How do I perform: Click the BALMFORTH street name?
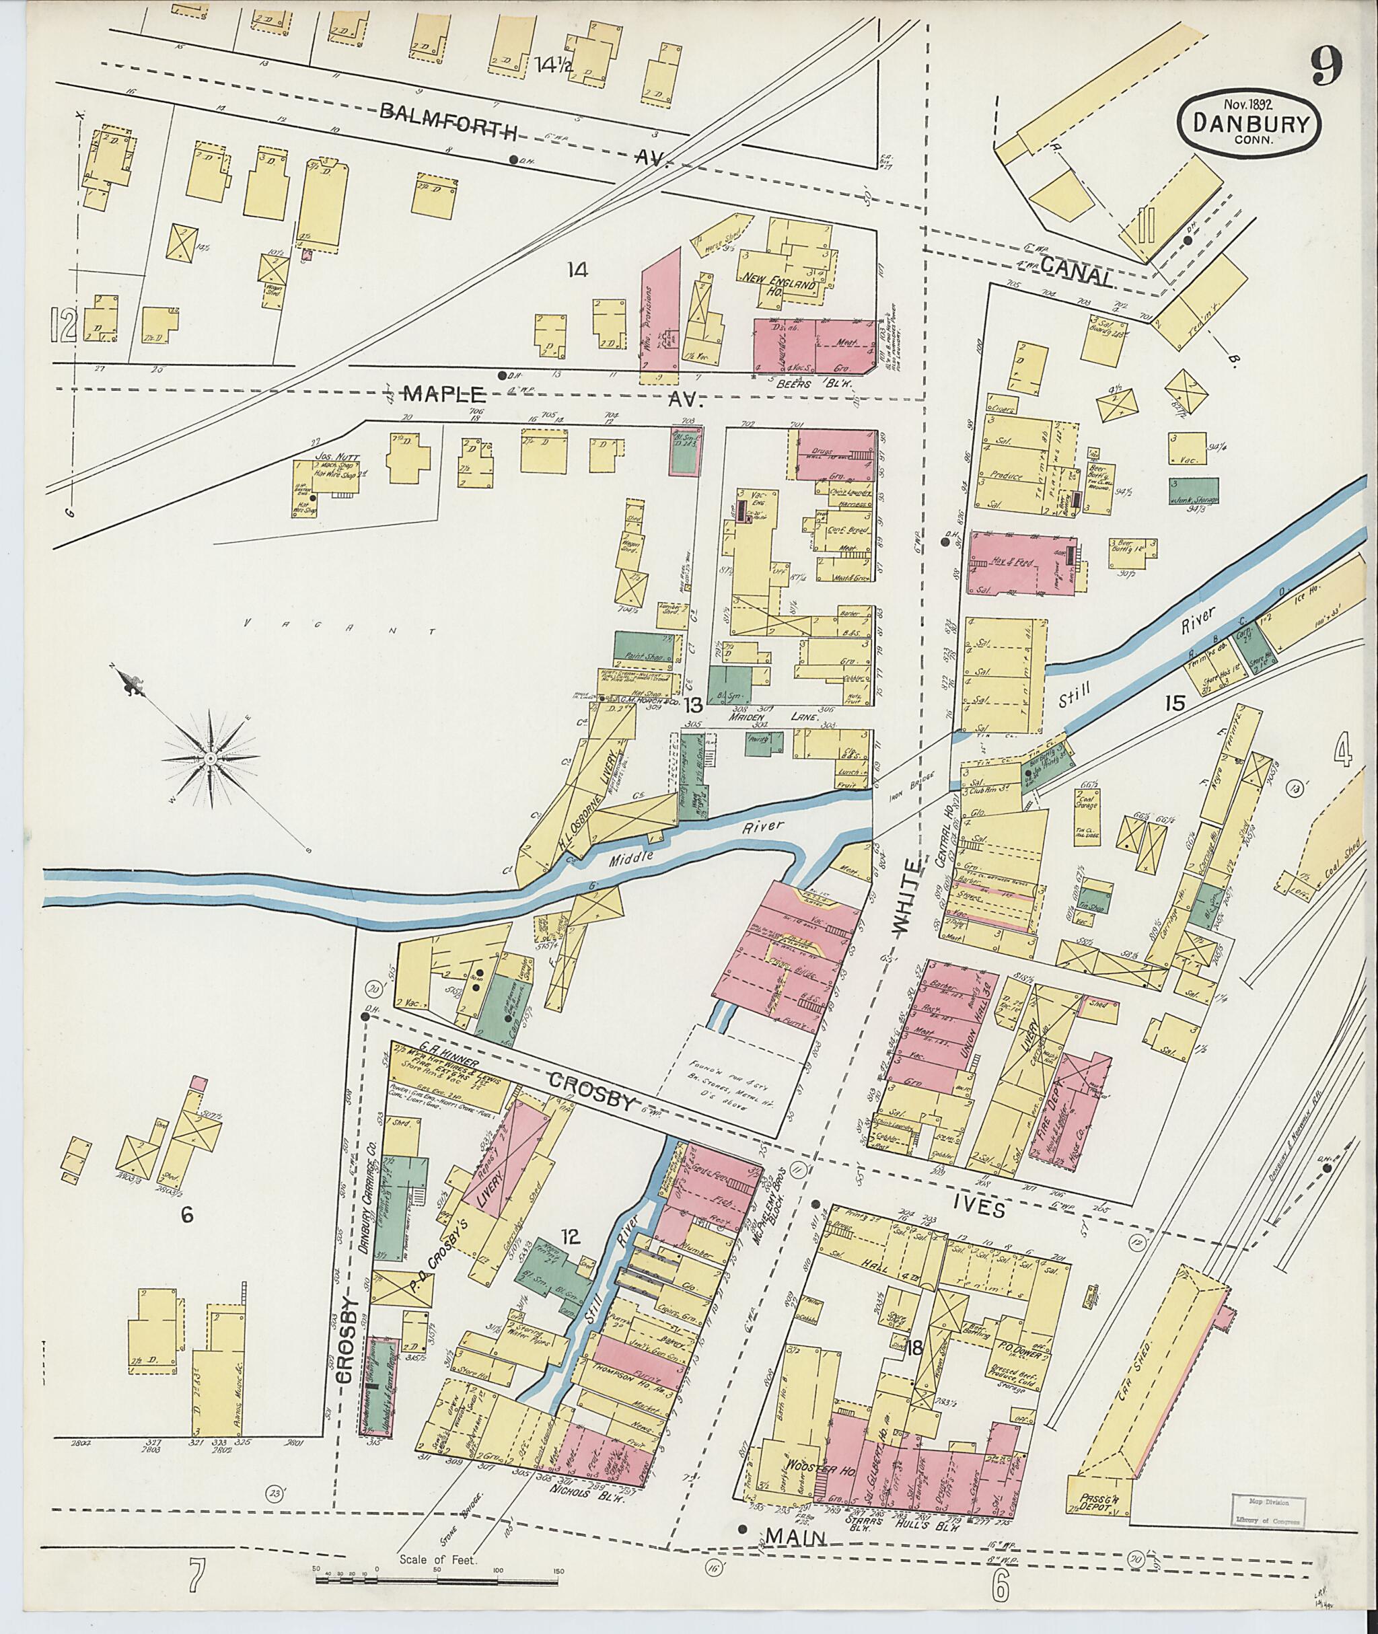(447, 123)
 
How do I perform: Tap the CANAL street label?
(1077, 277)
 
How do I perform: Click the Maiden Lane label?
(795, 717)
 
